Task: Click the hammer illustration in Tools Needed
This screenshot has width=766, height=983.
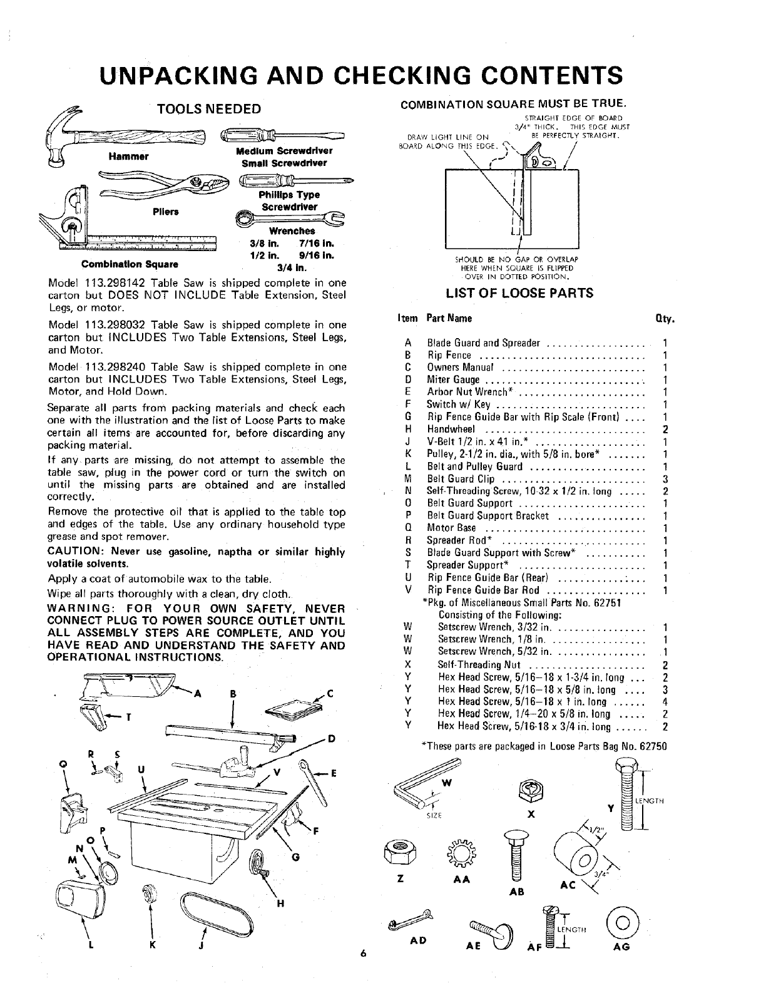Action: point(125,136)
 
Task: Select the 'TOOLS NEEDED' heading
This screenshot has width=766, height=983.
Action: point(208,109)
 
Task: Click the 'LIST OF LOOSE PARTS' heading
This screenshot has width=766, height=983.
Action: point(520,293)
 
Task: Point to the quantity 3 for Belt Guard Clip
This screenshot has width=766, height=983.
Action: point(665,479)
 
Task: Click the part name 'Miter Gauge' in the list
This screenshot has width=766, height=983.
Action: point(453,380)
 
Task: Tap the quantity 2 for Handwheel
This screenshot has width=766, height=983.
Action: point(665,430)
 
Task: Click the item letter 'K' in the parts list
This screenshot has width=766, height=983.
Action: point(407,455)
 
